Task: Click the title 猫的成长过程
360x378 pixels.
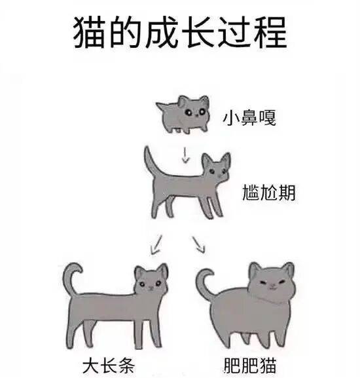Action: (x=180, y=32)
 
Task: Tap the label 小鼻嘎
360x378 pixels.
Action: (x=249, y=117)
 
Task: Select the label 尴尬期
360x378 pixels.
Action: (x=269, y=193)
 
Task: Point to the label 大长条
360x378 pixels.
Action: (x=108, y=366)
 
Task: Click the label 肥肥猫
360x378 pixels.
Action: (x=250, y=366)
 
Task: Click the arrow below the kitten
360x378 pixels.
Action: (x=185, y=155)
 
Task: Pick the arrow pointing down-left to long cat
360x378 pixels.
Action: (x=156, y=245)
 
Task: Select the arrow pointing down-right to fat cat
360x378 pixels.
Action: (x=199, y=244)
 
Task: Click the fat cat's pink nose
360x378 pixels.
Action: (x=272, y=285)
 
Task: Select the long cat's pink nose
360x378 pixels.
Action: (x=151, y=288)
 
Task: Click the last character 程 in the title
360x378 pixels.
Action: (x=271, y=32)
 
